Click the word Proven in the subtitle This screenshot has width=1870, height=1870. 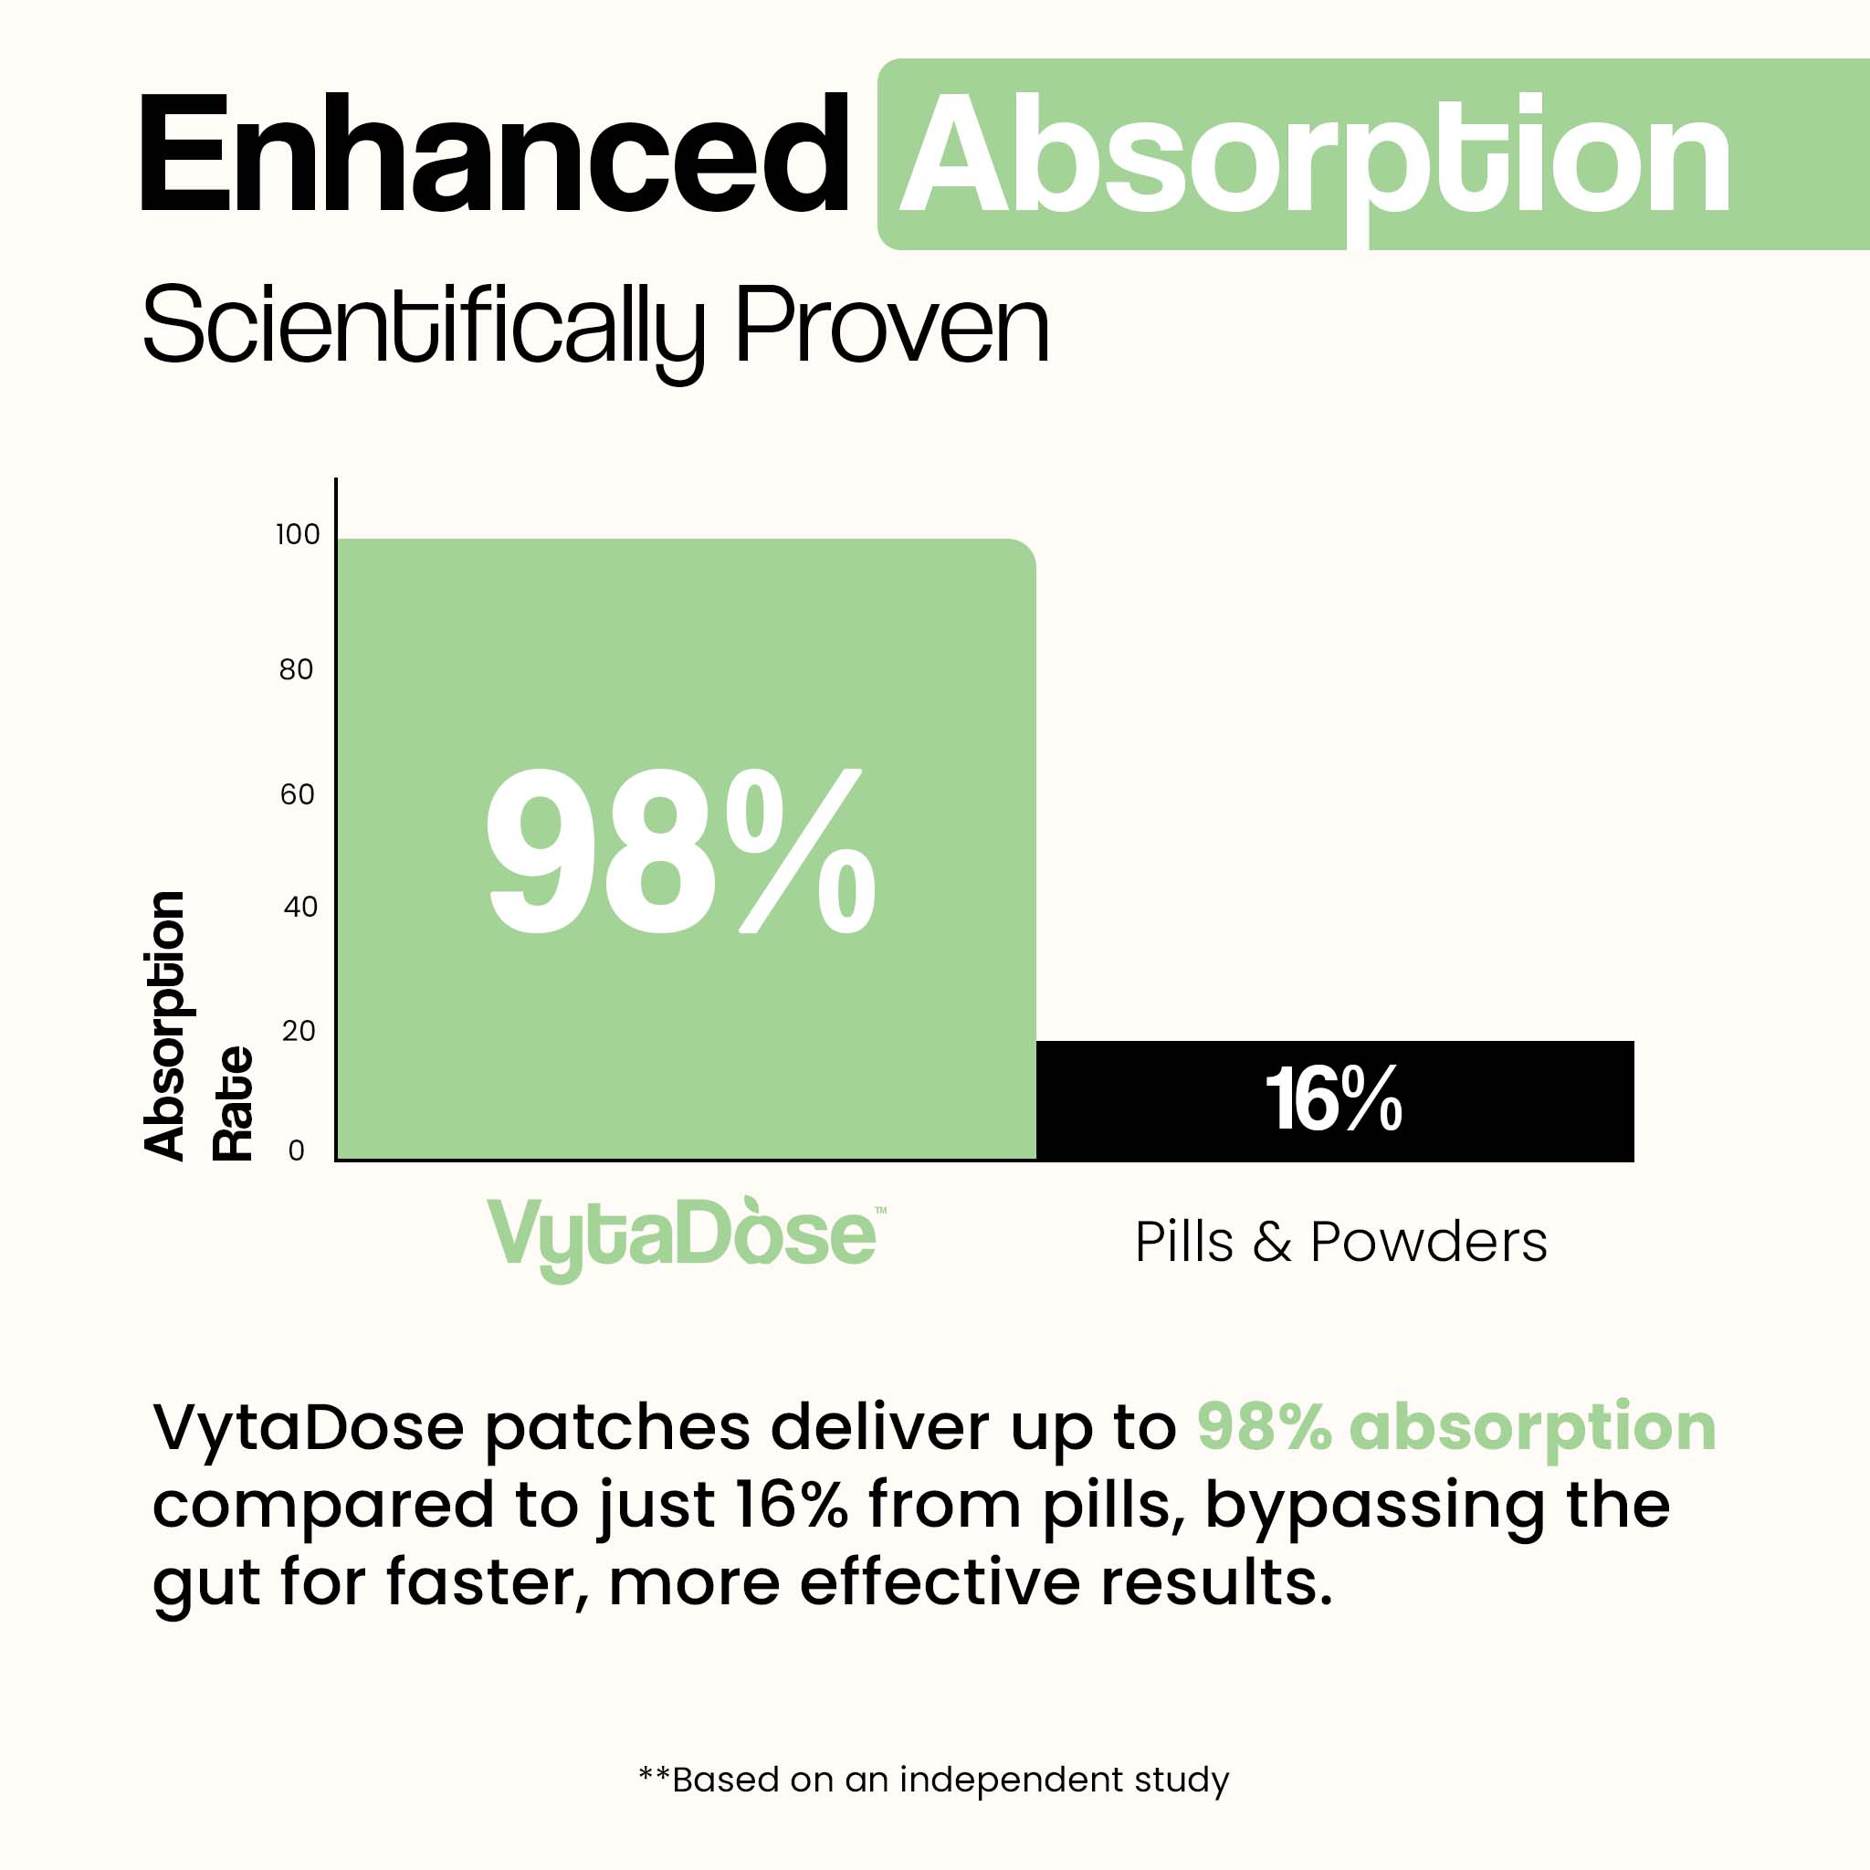click(x=891, y=325)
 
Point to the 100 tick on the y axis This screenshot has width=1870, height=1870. click(x=297, y=534)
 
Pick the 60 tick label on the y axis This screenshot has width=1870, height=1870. click(x=297, y=794)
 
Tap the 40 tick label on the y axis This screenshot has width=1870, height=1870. click(x=300, y=907)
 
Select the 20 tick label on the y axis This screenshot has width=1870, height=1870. click(x=299, y=1031)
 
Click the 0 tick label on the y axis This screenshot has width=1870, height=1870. click(x=296, y=1150)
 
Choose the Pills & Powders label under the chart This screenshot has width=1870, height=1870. click(x=1340, y=1242)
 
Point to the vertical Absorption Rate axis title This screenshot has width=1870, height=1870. click(x=198, y=1026)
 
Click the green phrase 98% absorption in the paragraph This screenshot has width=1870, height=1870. click(x=1455, y=1427)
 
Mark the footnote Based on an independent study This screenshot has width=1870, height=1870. click(x=935, y=1780)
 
